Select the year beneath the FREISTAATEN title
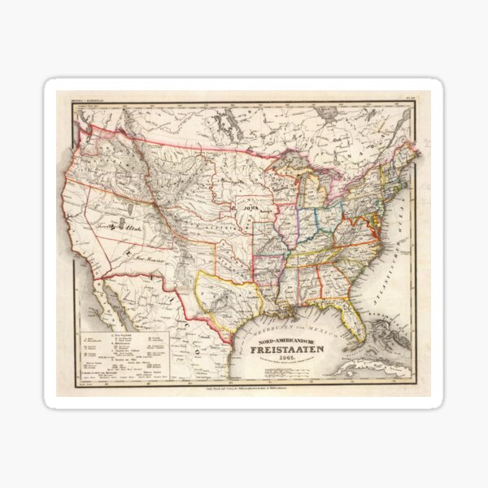point(284,363)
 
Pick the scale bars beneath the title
point(285,374)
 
